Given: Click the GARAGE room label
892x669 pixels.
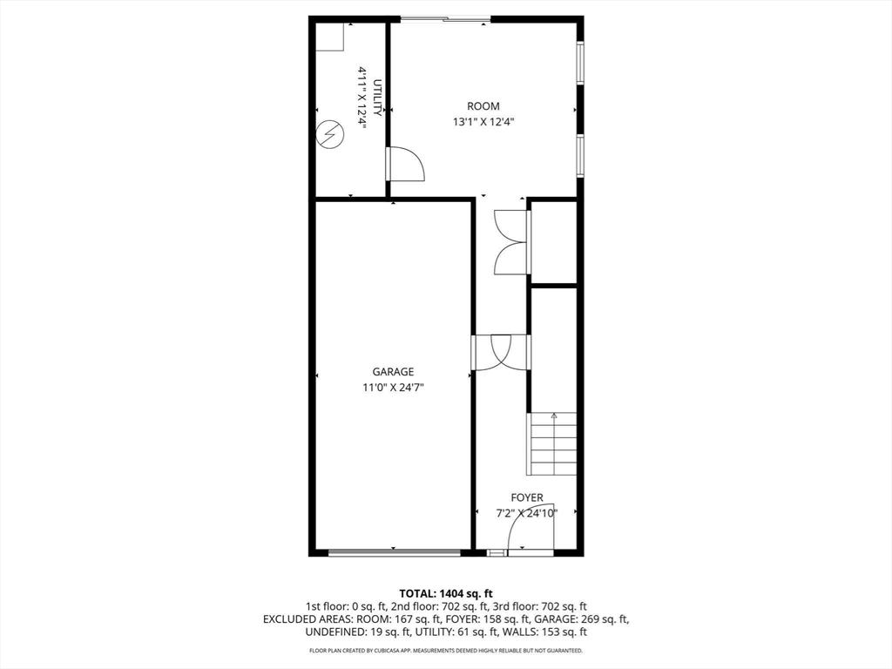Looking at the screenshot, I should click(x=393, y=372).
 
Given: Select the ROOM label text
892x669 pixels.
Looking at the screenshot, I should click(x=483, y=106).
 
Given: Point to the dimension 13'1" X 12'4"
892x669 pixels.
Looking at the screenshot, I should click(x=483, y=122).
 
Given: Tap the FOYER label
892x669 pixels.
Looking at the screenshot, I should click(x=527, y=497).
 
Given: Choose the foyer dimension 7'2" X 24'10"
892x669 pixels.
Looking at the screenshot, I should click(x=527, y=513).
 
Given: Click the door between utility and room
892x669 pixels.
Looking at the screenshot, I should click(x=406, y=164).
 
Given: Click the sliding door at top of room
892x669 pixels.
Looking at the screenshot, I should click(x=445, y=19).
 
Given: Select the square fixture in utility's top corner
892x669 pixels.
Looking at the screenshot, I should click(x=329, y=37).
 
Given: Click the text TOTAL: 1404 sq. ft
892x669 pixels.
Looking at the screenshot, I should click(x=446, y=593).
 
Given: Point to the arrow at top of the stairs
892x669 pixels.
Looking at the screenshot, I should click(x=554, y=416).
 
